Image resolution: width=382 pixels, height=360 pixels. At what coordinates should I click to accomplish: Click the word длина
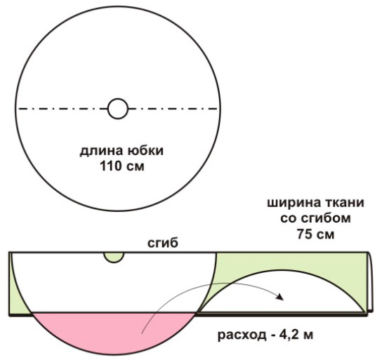pyautogui.click(x=102, y=151)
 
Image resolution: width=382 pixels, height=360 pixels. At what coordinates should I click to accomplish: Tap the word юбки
pyautogui.click(x=145, y=150)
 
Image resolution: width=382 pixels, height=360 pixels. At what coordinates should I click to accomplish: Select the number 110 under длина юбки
pyautogui.click(x=110, y=166)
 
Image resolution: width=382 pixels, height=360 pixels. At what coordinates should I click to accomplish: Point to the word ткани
pyautogui.click(x=343, y=203)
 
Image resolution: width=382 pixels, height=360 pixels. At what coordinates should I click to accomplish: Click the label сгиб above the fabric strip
pyautogui.click(x=163, y=244)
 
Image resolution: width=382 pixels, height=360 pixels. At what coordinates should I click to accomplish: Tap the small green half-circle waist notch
pyautogui.click(x=114, y=258)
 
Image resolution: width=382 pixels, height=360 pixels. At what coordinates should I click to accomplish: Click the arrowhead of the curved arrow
pyautogui.click(x=280, y=296)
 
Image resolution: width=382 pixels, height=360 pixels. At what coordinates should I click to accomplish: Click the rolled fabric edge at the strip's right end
pyautogui.click(x=370, y=282)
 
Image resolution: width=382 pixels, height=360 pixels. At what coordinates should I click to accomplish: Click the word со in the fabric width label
pyautogui.click(x=289, y=219)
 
